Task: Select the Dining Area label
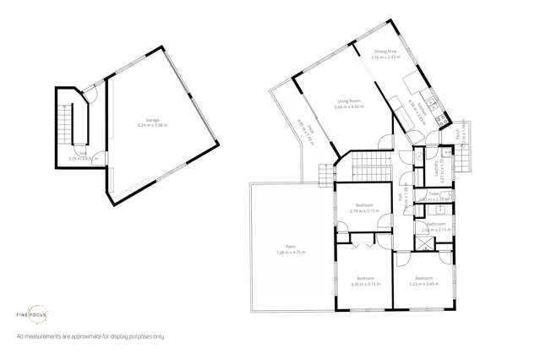[x=386, y=52]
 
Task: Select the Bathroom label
[x=434, y=224]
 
